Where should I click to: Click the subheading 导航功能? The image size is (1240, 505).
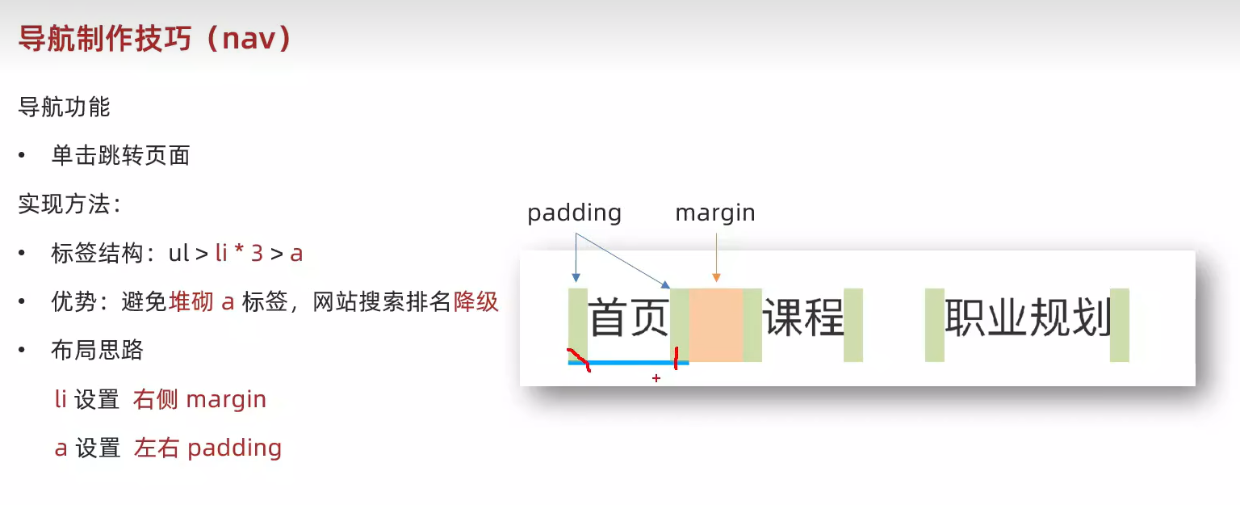[x=64, y=107]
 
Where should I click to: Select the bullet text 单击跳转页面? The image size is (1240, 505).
[x=120, y=155]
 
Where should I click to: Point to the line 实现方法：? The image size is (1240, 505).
[x=69, y=204]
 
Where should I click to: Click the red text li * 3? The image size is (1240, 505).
[x=239, y=253]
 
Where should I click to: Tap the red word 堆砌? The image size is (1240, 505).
[x=191, y=302]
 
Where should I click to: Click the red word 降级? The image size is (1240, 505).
[x=476, y=302]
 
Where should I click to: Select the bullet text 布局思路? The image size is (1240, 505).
[x=97, y=350]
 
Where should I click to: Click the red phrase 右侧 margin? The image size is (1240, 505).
[x=200, y=399]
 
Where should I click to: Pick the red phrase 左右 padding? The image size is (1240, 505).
[x=208, y=448]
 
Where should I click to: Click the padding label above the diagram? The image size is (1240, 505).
[x=574, y=213]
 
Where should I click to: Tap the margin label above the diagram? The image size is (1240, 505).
[x=715, y=213]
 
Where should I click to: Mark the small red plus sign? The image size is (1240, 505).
[x=656, y=377]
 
